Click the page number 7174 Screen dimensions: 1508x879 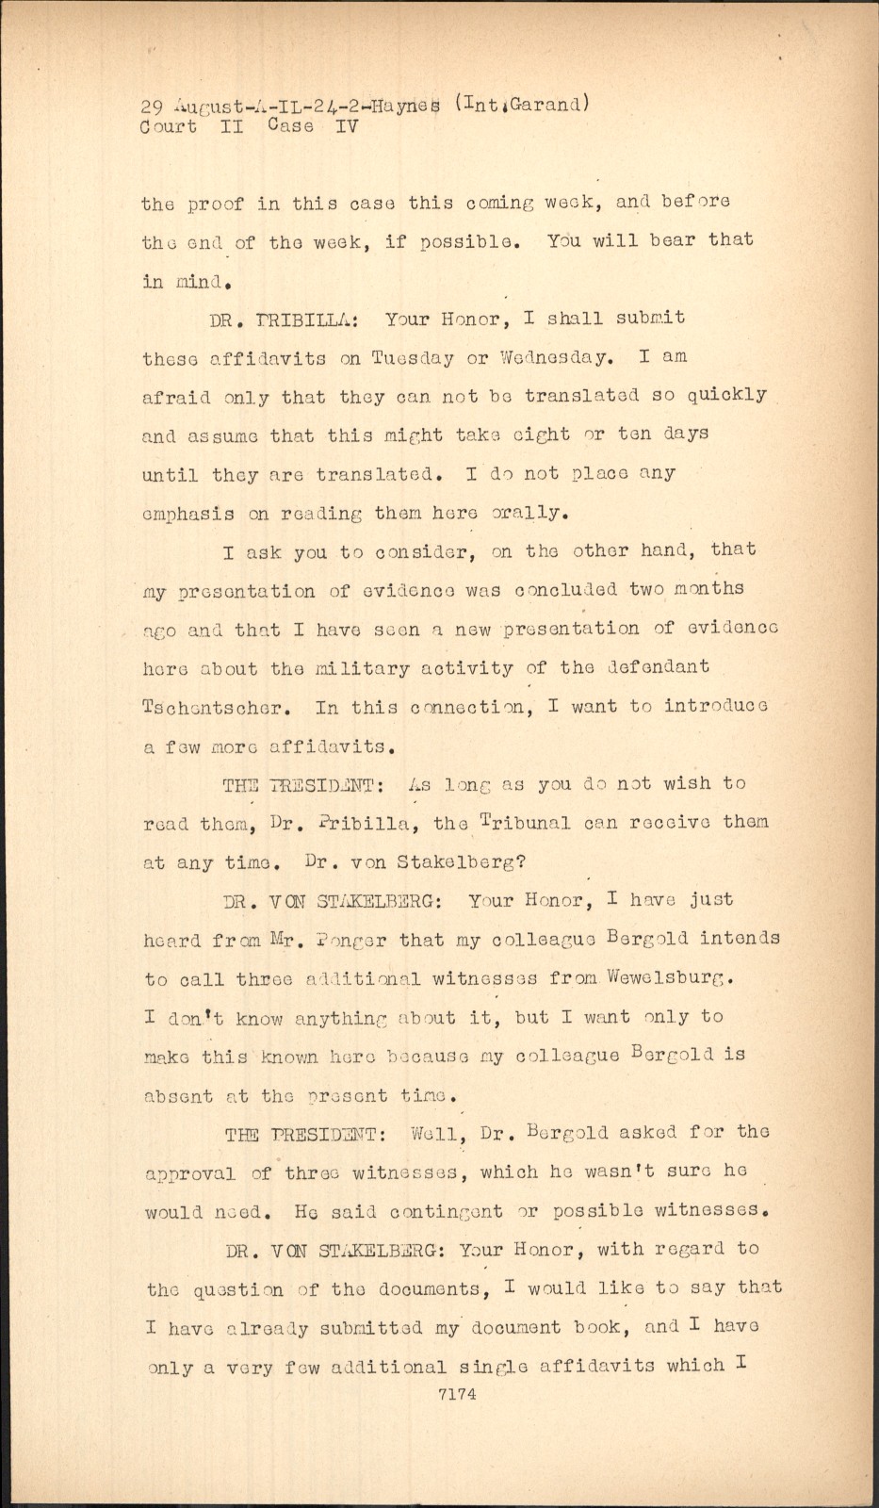tap(457, 1394)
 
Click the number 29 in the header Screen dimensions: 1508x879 tap(153, 106)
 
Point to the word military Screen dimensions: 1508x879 tap(363, 668)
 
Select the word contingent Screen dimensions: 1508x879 tap(447, 1211)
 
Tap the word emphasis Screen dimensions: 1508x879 tap(188, 515)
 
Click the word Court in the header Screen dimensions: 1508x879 tap(169, 127)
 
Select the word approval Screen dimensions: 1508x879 tap(190, 1173)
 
